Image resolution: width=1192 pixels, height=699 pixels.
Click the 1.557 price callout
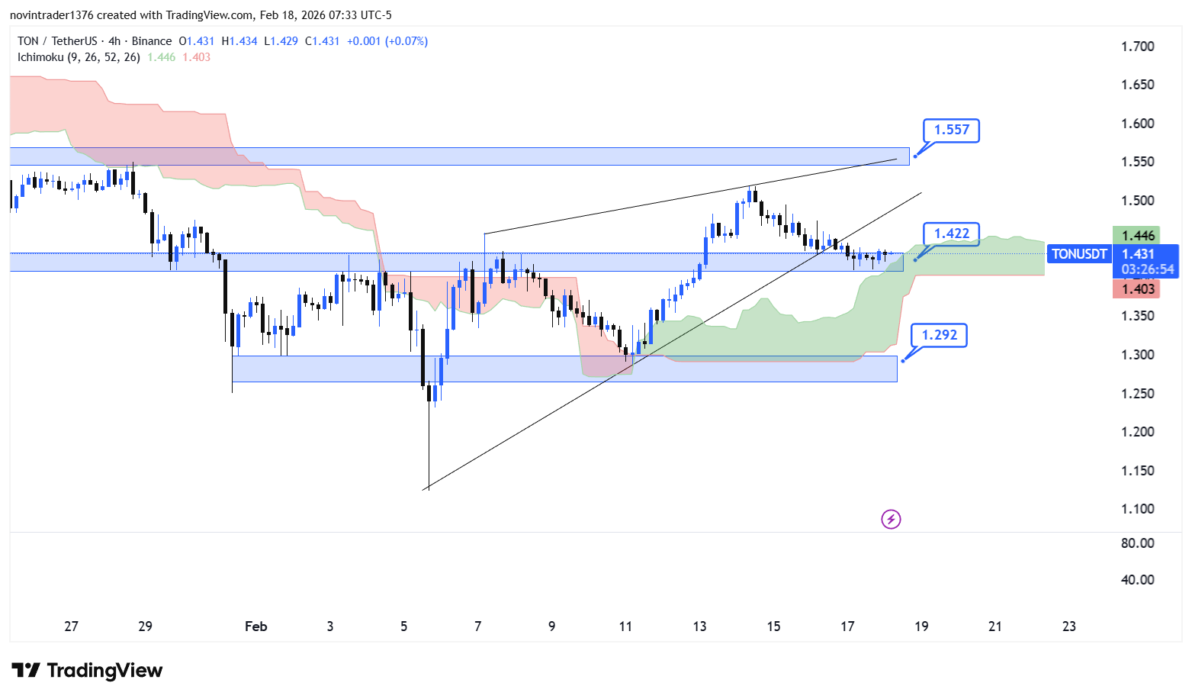[x=951, y=130]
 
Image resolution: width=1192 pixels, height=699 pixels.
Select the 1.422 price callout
[x=951, y=234]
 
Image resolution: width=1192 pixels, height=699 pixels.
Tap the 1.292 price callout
[x=939, y=335]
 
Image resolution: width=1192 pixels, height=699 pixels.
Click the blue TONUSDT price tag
[x=1078, y=254]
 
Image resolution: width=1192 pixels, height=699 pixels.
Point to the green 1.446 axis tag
[x=1137, y=236]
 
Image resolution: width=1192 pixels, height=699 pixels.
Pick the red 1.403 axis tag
[x=1137, y=288]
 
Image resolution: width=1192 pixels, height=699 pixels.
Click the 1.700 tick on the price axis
[x=1137, y=47]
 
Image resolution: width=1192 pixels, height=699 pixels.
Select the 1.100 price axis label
[x=1137, y=509]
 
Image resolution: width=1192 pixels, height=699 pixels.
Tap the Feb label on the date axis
[x=256, y=627]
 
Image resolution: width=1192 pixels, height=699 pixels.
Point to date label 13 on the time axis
[x=699, y=627]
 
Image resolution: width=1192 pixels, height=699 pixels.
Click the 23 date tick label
[x=1069, y=627]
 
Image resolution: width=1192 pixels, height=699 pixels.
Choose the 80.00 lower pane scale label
[x=1137, y=543]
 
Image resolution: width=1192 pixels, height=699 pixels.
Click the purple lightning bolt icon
[x=891, y=520]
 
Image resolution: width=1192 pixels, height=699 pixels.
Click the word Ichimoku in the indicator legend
[x=40, y=57]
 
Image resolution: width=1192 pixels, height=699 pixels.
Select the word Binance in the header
[x=152, y=41]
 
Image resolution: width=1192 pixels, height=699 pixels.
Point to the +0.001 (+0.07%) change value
[x=387, y=41]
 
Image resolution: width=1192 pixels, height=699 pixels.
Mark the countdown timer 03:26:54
[x=1147, y=269]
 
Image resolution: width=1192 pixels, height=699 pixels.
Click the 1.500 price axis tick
[x=1137, y=201]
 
